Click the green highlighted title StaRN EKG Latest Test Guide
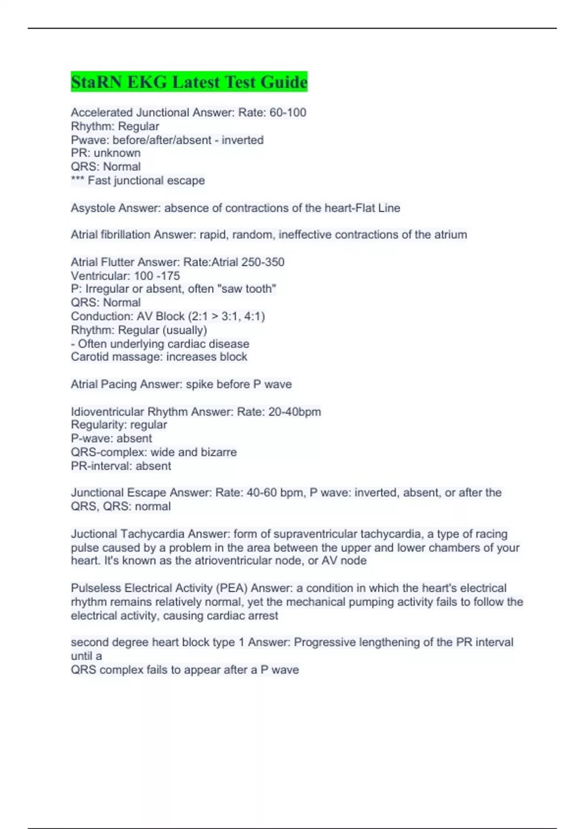[x=189, y=81]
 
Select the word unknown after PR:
[x=117, y=153]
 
